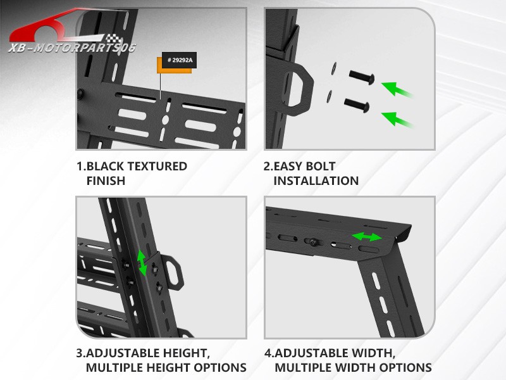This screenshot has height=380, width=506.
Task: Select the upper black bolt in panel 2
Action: click(362, 78)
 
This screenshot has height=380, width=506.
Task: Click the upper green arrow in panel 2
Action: click(397, 89)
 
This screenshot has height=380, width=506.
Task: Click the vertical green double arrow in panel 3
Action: click(142, 262)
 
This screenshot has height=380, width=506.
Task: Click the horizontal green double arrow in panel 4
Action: click(367, 237)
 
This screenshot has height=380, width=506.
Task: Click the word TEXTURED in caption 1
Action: click(157, 167)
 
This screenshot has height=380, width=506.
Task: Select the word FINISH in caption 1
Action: click(106, 181)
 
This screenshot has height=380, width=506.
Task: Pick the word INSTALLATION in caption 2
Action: click(316, 181)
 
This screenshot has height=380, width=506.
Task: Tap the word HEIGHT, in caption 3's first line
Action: click(182, 353)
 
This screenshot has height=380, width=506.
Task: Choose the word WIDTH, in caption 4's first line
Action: click(371, 353)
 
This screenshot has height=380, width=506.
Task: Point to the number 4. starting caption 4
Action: click(269, 353)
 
